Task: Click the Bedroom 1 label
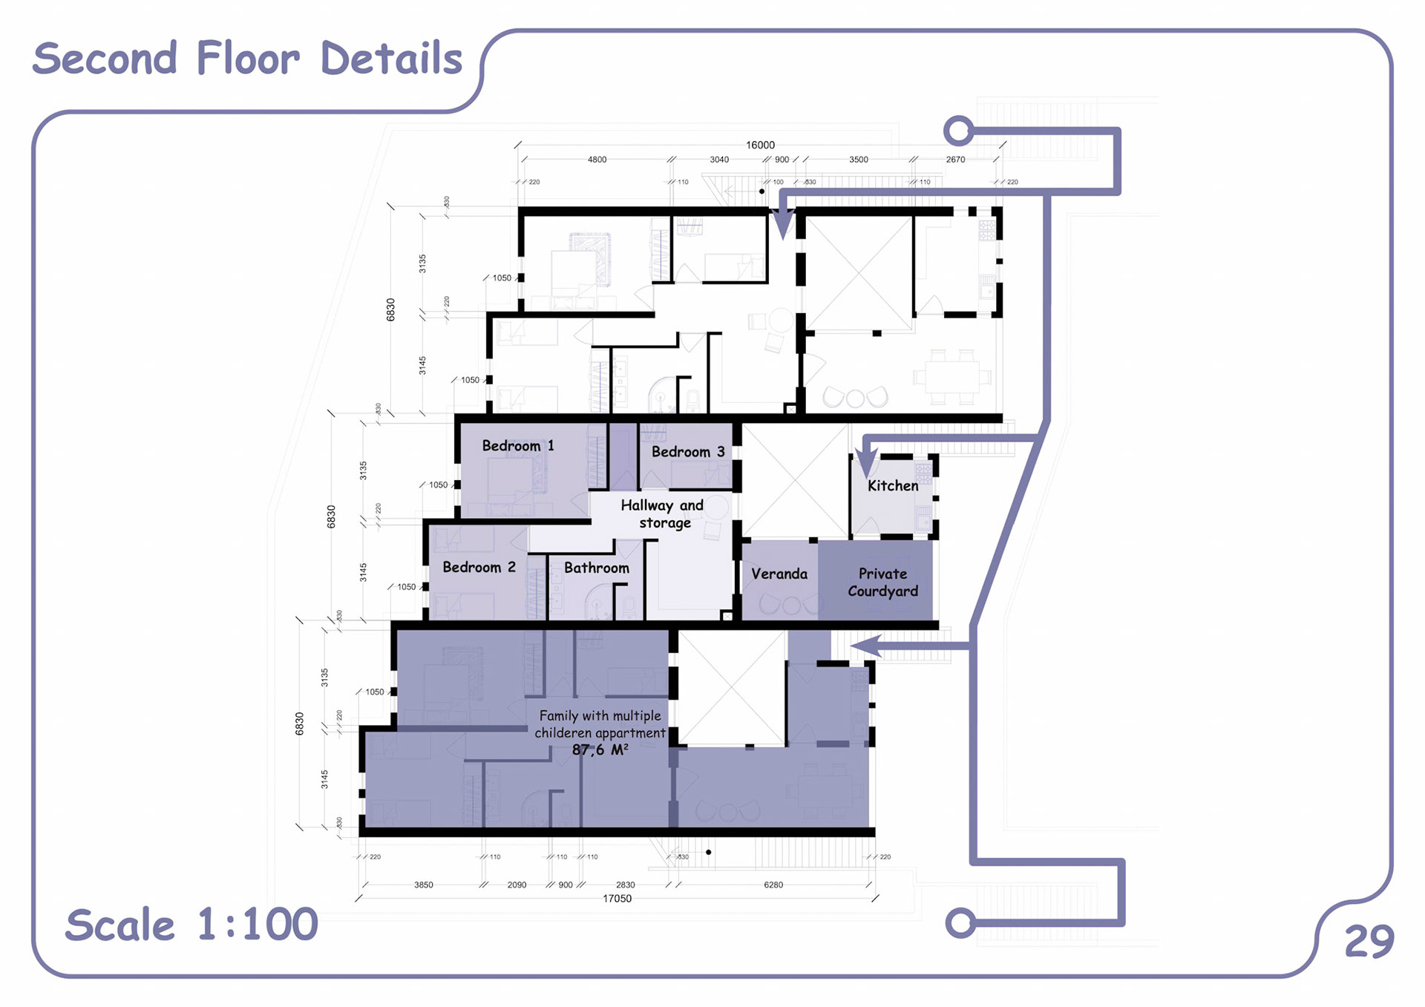click(518, 446)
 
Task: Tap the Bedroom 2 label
click(479, 568)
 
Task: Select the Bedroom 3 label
click(687, 452)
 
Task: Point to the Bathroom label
click(596, 568)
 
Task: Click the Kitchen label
click(893, 486)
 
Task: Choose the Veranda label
click(779, 574)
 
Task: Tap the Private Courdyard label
click(882, 583)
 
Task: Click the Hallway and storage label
click(662, 514)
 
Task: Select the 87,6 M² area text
click(600, 750)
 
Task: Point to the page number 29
click(1369, 942)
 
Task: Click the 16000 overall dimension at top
click(760, 145)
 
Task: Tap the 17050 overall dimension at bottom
click(617, 899)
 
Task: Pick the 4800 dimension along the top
click(597, 160)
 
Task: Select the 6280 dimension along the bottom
click(773, 885)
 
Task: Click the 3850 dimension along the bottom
click(423, 885)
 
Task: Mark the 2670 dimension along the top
click(955, 160)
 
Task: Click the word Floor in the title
click(248, 59)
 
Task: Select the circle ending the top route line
click(958, 131)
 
